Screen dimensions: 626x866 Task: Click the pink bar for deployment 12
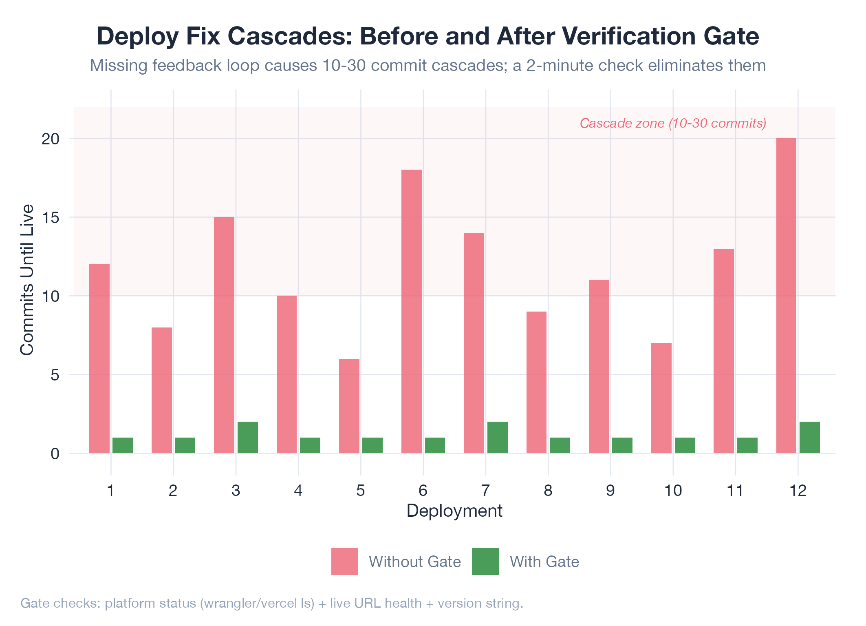click(x=786, y=296)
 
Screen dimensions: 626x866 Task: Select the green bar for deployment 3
click(x=248, y=437)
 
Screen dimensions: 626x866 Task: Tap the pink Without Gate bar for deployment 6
click(x=412, y=311)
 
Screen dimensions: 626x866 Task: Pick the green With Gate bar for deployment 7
click(x=498, y=437)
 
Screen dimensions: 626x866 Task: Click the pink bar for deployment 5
click(x=349, y=406)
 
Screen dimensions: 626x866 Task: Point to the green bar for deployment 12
click(x=810, y=437)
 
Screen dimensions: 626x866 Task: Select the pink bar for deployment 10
click(x=661, y=398)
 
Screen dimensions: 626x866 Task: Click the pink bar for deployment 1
click(x=99, y=358)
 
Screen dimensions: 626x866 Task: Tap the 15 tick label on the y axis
click(x=51, y=218)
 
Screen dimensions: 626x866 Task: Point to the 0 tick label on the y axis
click(x=55, y=453)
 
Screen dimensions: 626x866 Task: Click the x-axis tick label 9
click(x=610, y=491)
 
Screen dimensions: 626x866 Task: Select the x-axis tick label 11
click(x=735, y=491)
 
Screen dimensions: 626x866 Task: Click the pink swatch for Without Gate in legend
click(x=344, y=562)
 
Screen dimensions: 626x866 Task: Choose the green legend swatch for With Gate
click(x=485, y=562)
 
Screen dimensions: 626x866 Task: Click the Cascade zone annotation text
click(x=673, y=123)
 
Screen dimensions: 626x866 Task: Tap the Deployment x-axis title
click(x=454, y=511)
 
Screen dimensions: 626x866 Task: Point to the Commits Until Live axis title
click(x=27, y=280)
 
